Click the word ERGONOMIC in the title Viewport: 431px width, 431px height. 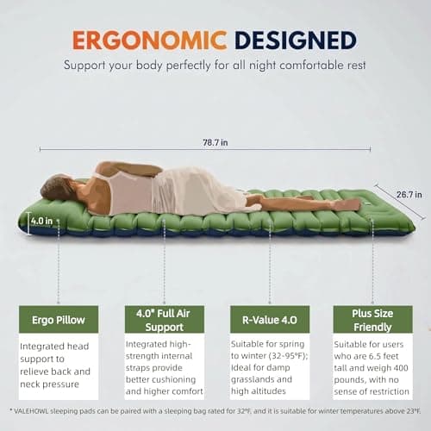coord(149,41)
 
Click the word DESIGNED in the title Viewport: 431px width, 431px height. coord(296,41)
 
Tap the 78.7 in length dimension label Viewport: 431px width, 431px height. coord(215,142)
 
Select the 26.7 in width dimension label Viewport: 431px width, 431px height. coord(409,195)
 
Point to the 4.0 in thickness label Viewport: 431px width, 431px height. coord(42,221)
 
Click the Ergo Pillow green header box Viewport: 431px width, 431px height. coord(59,320)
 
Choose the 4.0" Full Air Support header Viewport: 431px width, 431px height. coord(165,320)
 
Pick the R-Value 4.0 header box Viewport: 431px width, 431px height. coord(270,320)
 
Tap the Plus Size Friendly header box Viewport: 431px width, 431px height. coord(372,320)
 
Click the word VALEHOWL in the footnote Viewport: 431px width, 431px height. coord(31,411)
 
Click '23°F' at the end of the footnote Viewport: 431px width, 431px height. coord(414,411)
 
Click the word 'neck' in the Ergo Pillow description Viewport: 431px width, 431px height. coord(29,384)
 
